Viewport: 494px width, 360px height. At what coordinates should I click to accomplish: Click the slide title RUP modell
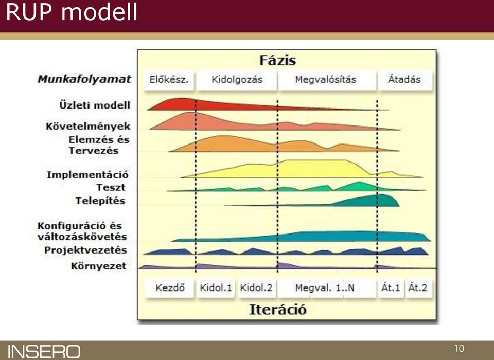(72, 12)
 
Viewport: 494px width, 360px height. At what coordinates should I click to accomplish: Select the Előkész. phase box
(169, 80)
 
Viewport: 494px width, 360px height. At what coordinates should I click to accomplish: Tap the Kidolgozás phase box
(237, 80)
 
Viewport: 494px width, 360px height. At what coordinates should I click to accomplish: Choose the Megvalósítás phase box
(326, 80)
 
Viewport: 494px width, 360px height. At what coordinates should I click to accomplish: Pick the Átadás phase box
(404, 80)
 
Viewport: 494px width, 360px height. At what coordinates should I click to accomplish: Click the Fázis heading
(277, 61)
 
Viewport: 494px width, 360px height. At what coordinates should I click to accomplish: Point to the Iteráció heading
(277, 310)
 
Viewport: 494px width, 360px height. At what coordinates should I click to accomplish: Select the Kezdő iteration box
(169, 287)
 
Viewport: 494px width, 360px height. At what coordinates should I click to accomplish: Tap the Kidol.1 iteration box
(216, 287)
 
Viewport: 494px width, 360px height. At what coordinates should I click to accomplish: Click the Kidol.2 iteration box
(256, 287)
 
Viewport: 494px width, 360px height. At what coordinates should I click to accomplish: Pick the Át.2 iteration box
(418, 287)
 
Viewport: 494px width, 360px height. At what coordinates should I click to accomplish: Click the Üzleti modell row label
(95, 105)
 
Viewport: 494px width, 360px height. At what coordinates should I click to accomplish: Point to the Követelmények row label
(88, 127)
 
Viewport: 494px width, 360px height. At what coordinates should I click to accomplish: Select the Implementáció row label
(87, 175)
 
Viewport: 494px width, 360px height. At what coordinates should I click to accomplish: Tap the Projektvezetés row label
(86, 250)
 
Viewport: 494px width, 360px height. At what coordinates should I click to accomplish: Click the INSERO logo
(44, 351)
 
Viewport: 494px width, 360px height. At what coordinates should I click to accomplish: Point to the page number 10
(459, 348)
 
